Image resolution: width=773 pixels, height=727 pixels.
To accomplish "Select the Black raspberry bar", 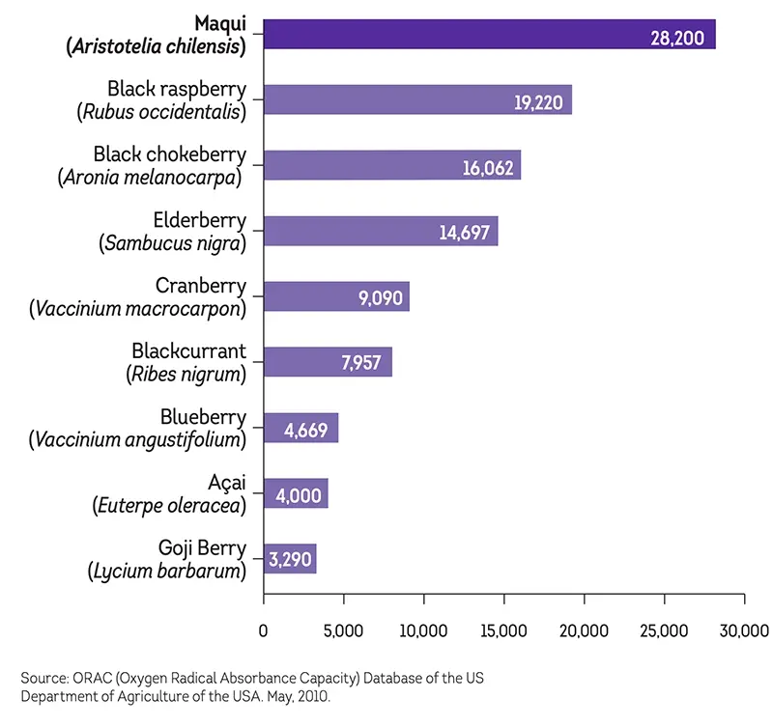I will pyautogui.click(x=386, y=99).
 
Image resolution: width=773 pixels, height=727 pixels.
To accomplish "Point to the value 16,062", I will pyautogui.click(x=489, y=169).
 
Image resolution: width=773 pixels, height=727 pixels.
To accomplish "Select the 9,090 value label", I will pyautogui.click(x=380, y=298).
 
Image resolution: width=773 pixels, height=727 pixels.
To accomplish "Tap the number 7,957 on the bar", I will pyautogui.click(x=361, y=364).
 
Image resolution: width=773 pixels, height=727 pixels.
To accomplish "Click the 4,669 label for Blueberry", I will pyautogui.click(x=308, y=429).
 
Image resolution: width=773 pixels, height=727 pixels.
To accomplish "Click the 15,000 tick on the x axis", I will pyautogui.click(x=504, y=631).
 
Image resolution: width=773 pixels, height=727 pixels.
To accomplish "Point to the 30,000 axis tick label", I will pyautogui.click(x=744, y=631).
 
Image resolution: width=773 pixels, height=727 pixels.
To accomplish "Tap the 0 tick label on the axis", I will pyautogui.click(x=264, y=631).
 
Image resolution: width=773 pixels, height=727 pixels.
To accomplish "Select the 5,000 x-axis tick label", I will pyautogui.click(x=344, y=631).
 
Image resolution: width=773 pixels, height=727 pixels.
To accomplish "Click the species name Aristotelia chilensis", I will pyautogui.click(x=157, y=45).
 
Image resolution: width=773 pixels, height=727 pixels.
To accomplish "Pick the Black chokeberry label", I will pyautogui.click(x=170, y=154).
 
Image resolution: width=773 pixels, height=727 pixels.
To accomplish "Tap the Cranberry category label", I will pyautogui.click(x=201, y=286).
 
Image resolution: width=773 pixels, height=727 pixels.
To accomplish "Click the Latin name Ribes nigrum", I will pyautogui.click(x=186, y=374).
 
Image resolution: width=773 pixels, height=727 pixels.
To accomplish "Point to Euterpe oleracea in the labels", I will pyautogui.click(x=169, y=505).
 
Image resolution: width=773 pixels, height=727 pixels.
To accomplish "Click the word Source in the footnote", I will pyautogui.click(x=43, y=679).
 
